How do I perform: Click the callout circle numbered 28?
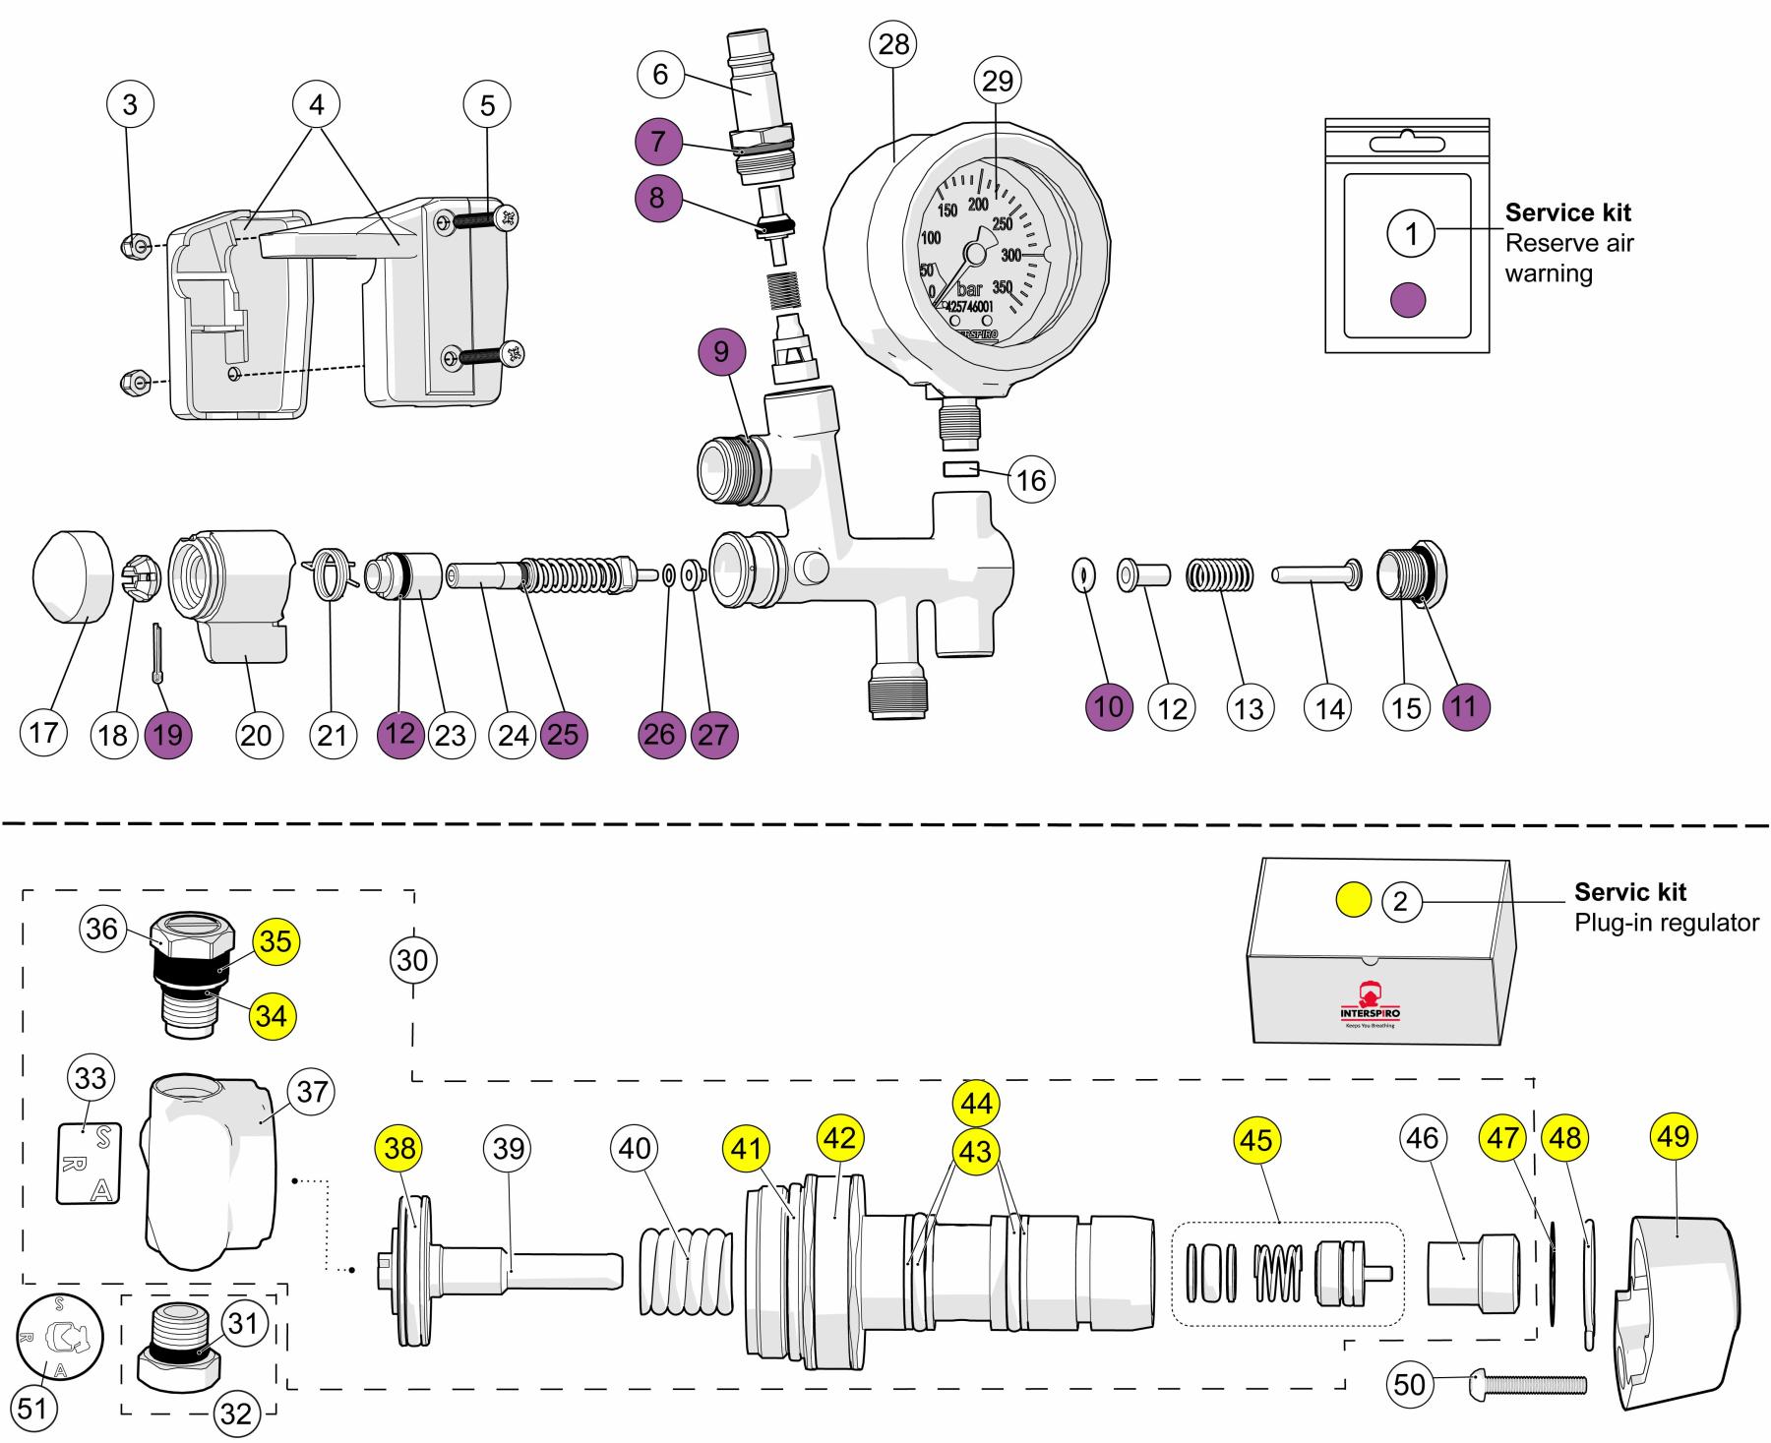pos(893,44)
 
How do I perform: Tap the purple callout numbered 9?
pos(722,351)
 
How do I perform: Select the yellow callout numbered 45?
pos(1256,1140)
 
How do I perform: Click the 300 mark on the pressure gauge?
pos(1011,256)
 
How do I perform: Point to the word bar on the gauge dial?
pos(969,290)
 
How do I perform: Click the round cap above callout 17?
pos(73,575)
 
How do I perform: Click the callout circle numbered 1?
pos(1412,234)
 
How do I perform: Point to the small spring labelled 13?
pos(1220,575)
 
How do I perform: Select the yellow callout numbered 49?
pos(1674,1137)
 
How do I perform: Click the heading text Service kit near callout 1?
pos(1567,212)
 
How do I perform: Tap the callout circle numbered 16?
pos(1030,479)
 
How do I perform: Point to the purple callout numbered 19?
pos(168,735)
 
